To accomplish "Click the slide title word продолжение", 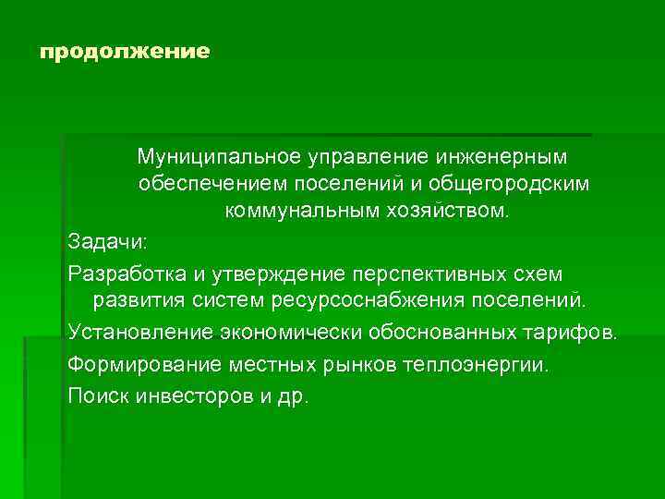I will click(x=125, y=51).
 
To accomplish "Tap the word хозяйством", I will click(x=447, y=213).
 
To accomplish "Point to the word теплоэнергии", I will click(x=488, y=363).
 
